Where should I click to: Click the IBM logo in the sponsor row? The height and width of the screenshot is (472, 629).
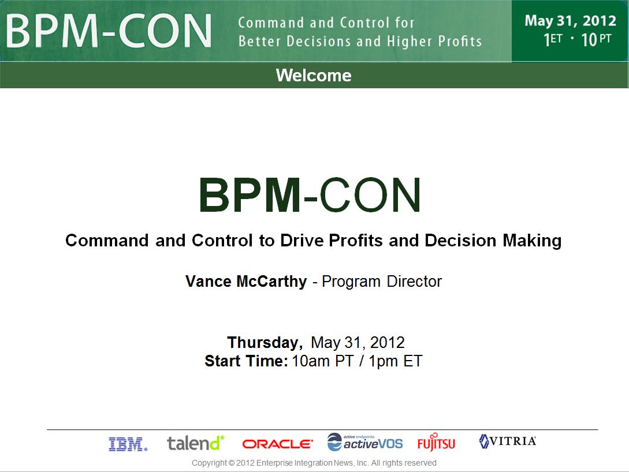pyautogui.click(x=128, y=444)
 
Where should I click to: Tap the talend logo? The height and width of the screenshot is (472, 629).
pyautogui.click(x=196, y=443)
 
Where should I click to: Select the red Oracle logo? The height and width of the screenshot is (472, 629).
pyautogui.click(x=277, y=444)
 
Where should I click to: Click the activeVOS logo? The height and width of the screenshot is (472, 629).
pyautogui.click(x=364, y=442)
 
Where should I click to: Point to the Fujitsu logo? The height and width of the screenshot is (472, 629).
pyautogui.click(x=436, y=443)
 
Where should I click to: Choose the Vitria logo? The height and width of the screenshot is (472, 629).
pyautogui.click(x=508, y=441)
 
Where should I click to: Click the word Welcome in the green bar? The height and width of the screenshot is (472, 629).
pyautogui.click(x=314, y=76)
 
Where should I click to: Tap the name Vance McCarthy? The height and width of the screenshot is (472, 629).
pyautogui.click(x=246, y=281)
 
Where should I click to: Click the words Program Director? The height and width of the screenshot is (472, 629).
pyautogui.click(x=381, y=281)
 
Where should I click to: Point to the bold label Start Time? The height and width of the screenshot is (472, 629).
pyautogui.click(x=246, y=361)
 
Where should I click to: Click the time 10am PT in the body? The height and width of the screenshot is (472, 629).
pyautogui.click(x=322, y=361)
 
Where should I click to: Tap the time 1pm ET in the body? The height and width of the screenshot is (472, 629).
pyautogui.click(x=395, y=361)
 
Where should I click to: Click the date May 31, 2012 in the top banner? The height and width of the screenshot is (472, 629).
pyautogui.click(x=570, y=20)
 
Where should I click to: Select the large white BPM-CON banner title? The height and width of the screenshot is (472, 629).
pyautogui.click(x=109, y=31)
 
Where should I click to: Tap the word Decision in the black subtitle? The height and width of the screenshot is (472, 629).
pyautogui.click(x=460, y=241)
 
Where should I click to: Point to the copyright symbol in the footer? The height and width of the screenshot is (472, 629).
pyautogui.click(x=231, y=463)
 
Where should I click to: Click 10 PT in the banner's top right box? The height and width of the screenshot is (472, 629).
pyautogui.click(x=596, y=39)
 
